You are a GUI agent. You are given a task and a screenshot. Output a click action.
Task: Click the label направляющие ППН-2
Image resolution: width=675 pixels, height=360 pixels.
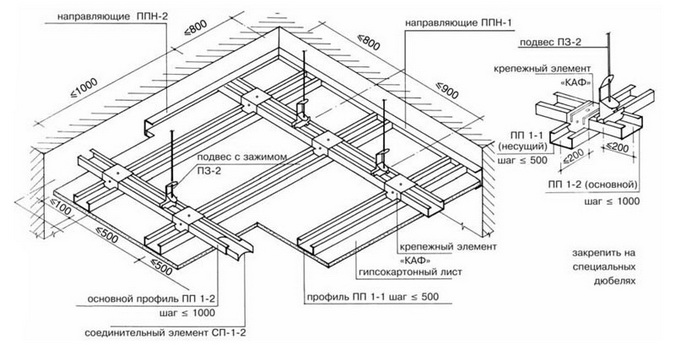112,16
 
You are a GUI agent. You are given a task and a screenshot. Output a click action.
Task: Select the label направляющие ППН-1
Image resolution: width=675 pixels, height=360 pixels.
458,23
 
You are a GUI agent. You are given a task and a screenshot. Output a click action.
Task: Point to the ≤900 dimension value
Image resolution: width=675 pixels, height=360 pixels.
447,91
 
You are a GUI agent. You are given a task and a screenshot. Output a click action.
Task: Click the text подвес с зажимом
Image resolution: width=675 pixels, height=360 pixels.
242,158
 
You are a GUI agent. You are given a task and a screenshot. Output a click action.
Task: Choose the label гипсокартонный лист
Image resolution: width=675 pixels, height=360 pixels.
410,272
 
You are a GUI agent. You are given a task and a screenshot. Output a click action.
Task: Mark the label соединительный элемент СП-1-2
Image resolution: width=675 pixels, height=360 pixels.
166,333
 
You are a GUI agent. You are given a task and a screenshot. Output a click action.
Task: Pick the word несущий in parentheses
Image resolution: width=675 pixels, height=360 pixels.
523,147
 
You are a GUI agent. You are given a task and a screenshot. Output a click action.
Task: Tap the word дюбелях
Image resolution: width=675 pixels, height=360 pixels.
614,281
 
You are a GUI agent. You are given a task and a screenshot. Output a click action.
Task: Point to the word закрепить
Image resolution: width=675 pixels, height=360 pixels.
604,253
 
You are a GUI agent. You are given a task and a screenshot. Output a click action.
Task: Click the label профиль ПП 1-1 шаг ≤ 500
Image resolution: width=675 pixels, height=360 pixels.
373,297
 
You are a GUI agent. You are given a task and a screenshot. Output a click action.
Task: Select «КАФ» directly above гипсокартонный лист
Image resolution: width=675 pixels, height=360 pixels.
415,261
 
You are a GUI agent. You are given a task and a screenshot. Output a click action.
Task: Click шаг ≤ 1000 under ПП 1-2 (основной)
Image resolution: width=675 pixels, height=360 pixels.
612,201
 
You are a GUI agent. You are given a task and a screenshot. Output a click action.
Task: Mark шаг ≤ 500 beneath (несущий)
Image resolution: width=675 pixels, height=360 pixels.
522,160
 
